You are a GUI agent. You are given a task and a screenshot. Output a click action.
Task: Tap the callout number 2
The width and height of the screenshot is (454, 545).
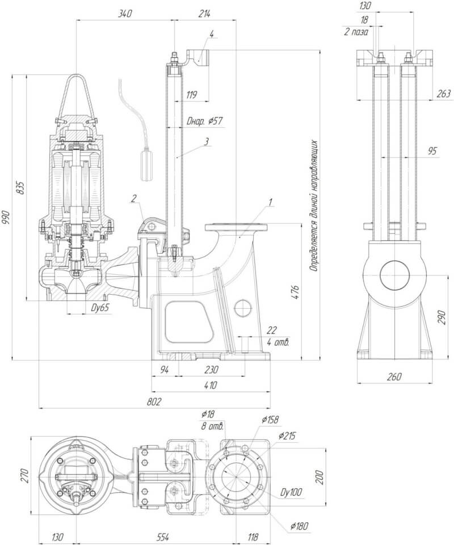[133, 198]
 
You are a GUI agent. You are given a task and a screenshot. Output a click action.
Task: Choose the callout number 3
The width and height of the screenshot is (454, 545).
[207, 140]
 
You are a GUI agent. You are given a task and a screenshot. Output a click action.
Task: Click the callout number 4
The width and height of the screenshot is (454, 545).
[211, 33]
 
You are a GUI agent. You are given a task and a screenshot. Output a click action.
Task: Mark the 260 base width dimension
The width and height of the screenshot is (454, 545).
[394, 376]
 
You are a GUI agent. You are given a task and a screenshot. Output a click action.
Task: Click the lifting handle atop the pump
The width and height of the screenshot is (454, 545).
[75, 91]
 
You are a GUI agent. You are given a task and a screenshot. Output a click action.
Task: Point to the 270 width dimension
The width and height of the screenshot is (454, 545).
[23, 475]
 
